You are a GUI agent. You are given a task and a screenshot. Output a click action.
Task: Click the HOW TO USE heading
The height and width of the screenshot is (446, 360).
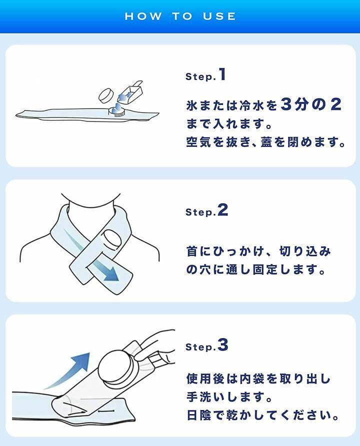pyautogui.click(x=180, y=16)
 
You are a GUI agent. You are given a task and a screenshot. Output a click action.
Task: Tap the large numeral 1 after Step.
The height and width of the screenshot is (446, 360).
pyautogui.click(x=222, y=74)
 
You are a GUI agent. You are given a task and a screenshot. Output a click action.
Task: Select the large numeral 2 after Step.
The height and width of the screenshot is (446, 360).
pyautogui.click(x=222, y=210)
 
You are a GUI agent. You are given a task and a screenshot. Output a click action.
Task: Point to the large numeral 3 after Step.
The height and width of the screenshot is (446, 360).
pyautogui.click(x=223, y=345)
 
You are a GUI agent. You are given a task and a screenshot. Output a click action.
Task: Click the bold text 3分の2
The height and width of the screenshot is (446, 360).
pyautogui.click(x=310, y=104)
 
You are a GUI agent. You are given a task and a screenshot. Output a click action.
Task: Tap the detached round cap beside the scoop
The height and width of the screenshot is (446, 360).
pyautogui.click(x=106, y=95)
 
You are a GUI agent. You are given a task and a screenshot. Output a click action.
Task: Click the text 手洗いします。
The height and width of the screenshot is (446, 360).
pyautogui.click(x=229, y=397)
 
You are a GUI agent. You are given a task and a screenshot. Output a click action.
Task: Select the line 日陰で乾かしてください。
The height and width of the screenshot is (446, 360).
pyautogui.click(x=263, y=415)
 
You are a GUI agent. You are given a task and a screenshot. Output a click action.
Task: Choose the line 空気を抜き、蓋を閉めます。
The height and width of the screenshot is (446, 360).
pyautogui.click(x=265, y=142)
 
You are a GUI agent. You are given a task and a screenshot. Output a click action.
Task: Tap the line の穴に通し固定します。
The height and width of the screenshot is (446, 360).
pyautogui.click(x=255, y=269)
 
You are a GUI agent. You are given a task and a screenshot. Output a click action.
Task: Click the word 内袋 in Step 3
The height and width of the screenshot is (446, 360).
pyautogui.click(x=252, y=379)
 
